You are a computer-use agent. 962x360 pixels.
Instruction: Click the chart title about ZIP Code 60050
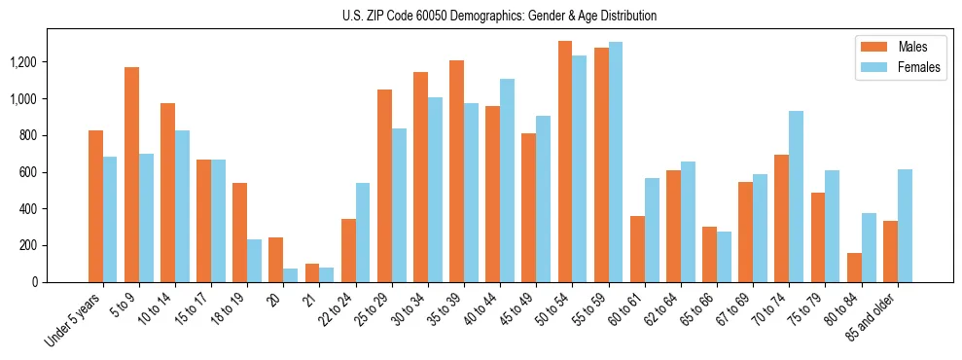[x=499, y=16]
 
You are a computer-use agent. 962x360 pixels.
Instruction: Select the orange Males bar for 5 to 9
[x=131, y=175]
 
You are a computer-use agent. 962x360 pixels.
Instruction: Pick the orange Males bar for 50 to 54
[x=565, y=162]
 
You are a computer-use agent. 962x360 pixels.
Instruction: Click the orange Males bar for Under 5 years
[x=95, y=206]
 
